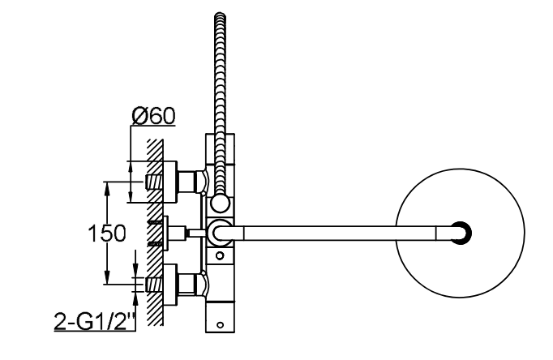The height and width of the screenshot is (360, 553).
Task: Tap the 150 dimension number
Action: point(106,234)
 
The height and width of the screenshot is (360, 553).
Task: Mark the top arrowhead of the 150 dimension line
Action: point(108,184)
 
